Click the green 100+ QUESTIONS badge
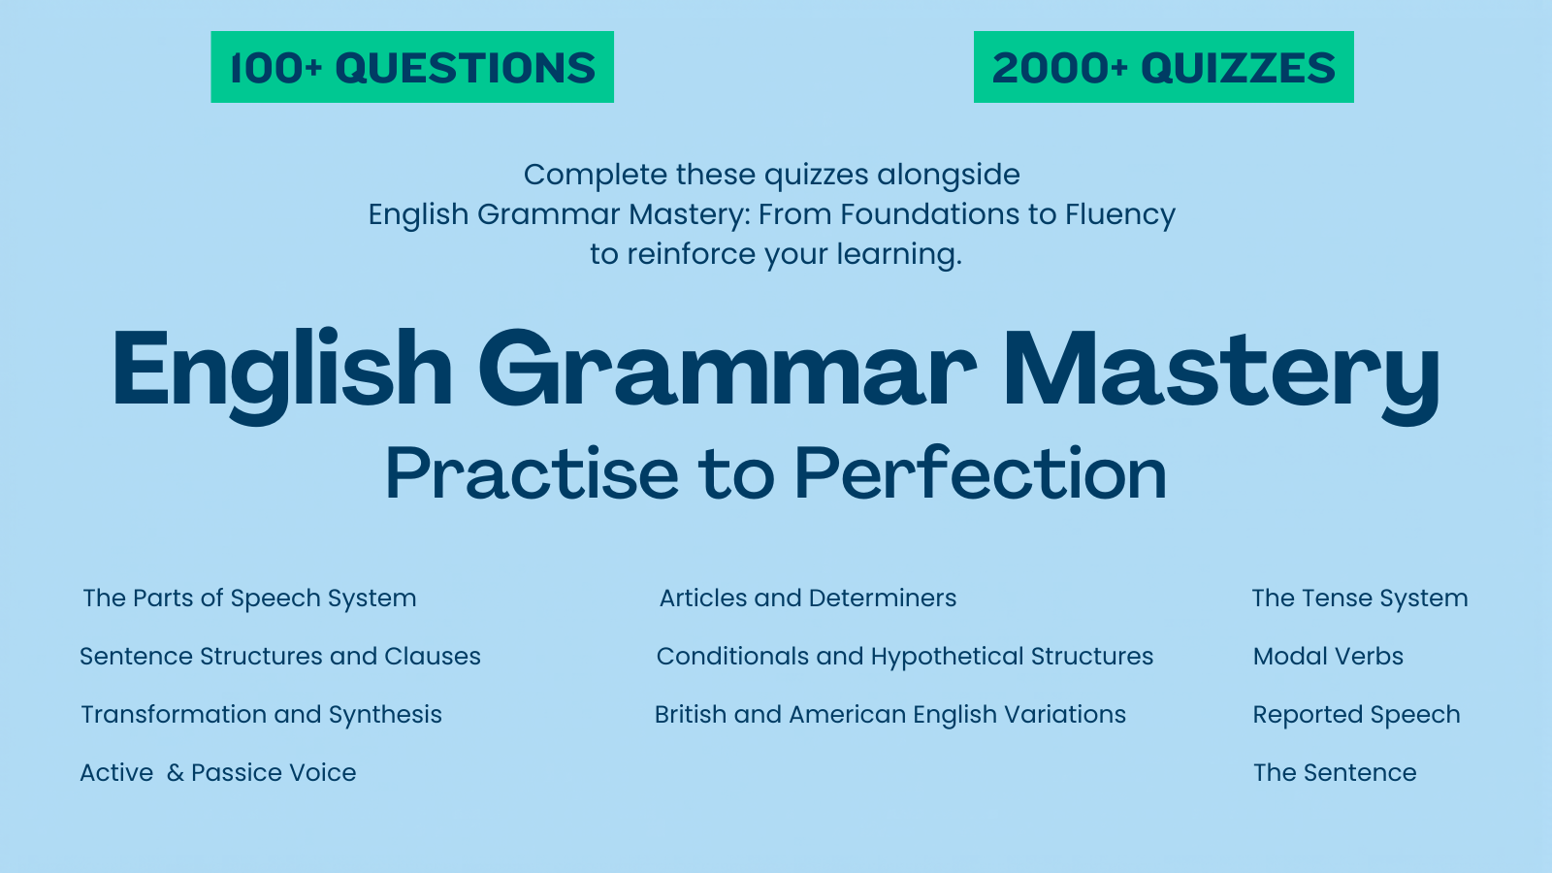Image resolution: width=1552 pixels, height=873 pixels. pos(412,67)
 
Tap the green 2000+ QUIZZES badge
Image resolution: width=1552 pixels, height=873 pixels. pos(1163,67)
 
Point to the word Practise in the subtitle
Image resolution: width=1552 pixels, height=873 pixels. pos(532,474)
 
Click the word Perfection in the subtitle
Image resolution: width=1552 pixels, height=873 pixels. pos(980,474)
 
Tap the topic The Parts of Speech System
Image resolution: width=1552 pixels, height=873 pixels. pos(249,598)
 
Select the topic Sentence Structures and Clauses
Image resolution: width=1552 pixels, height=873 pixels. pos(280,657)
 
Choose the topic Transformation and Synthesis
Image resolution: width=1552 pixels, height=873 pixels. pos(261,715)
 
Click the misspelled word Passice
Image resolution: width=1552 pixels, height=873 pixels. pos(232,773)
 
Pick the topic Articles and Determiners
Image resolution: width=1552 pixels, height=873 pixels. pos(808,598)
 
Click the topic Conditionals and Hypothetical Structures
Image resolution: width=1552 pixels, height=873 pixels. pos(905,657)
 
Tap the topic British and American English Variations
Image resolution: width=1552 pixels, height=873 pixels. pos(890,715)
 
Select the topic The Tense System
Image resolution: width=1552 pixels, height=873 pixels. pos(1360,598)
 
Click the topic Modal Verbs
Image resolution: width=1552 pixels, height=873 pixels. pos(1328,657)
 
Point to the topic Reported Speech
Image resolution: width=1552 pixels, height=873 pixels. pos(1356,715)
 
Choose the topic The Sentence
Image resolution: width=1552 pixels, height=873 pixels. pos(1335,773)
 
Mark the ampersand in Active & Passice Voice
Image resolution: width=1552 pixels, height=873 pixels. pos(176,773)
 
